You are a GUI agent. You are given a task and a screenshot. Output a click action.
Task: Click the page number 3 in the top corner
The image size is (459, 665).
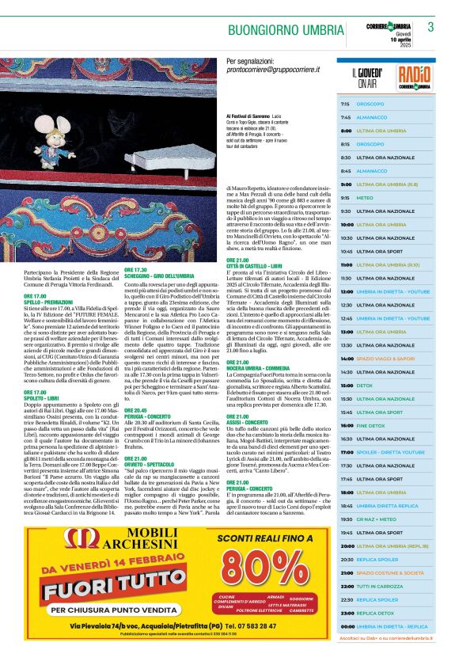(x=431, y=27)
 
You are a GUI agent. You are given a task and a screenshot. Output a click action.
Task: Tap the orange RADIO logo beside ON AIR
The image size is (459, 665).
(x=415, y=78)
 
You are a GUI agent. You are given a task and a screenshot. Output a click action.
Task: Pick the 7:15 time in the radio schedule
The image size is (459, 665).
(x=345, y=104)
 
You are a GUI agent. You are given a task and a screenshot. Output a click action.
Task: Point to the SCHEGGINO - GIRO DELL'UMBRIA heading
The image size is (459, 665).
(x=158, y=275)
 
